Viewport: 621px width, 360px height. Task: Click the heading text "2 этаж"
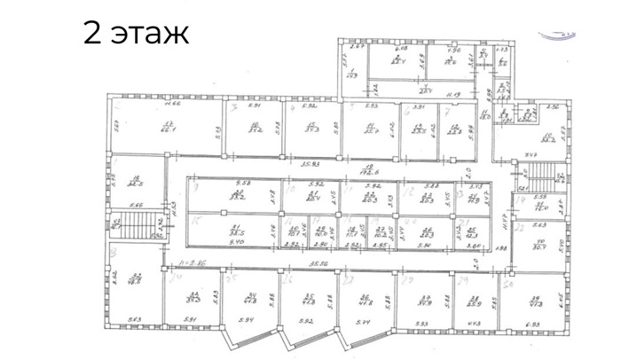136,35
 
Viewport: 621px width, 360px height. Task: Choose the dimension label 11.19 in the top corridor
453,94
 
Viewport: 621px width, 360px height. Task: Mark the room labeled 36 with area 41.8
364,299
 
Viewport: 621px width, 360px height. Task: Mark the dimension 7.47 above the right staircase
530,154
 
